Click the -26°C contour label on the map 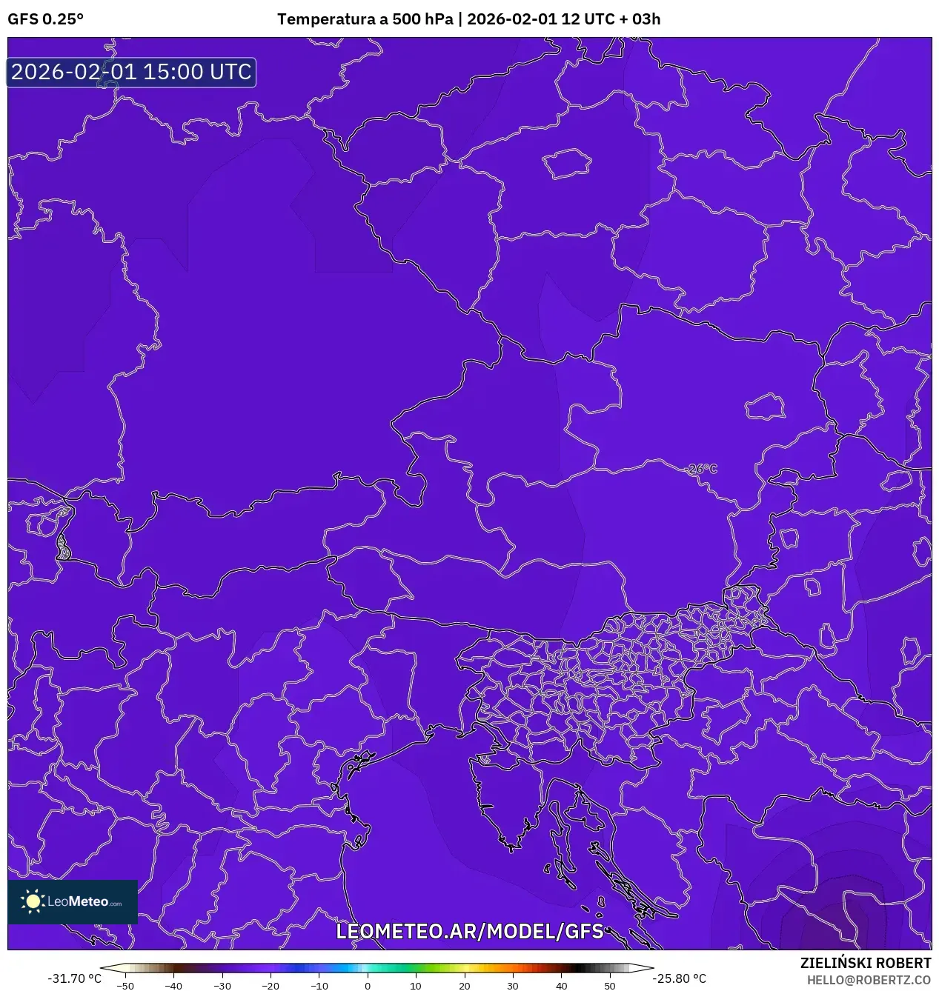pyautogui.click(x=701, y=469)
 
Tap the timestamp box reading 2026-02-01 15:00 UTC pyautogui.click(x=131, y=72)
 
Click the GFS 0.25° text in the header pyautogui.click(x=45, y=19)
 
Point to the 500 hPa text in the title pyautogui.click(x=422, y=19)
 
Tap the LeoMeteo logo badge pyautogui.click(x=73, y=901)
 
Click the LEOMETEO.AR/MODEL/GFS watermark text pyautogui.click(x=470, y=931)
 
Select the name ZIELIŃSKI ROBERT pyautogui.click(x=865, y=963)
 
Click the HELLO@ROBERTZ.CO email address pyautogui.click(x=869, y=980)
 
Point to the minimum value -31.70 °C pyautogui.click(x=74, y=978)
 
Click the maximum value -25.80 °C pyautogui.click(x=679, y=978)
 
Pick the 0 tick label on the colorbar pyautogui.click(x=368, y=986)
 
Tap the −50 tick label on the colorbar pyautogui.click(x=125, y=986)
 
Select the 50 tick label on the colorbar pyautogui.click(x=610, y=986)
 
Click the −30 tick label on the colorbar pyautogui.click(x=222, y=986)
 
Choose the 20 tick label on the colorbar pyautogui.click(x=464, y=986)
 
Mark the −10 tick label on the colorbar pyautogui.click(x=319, y=986)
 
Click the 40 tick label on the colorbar pyautogui.click(x=561, y=986)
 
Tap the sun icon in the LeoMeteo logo pyautogui.click(x=33, y=901)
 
